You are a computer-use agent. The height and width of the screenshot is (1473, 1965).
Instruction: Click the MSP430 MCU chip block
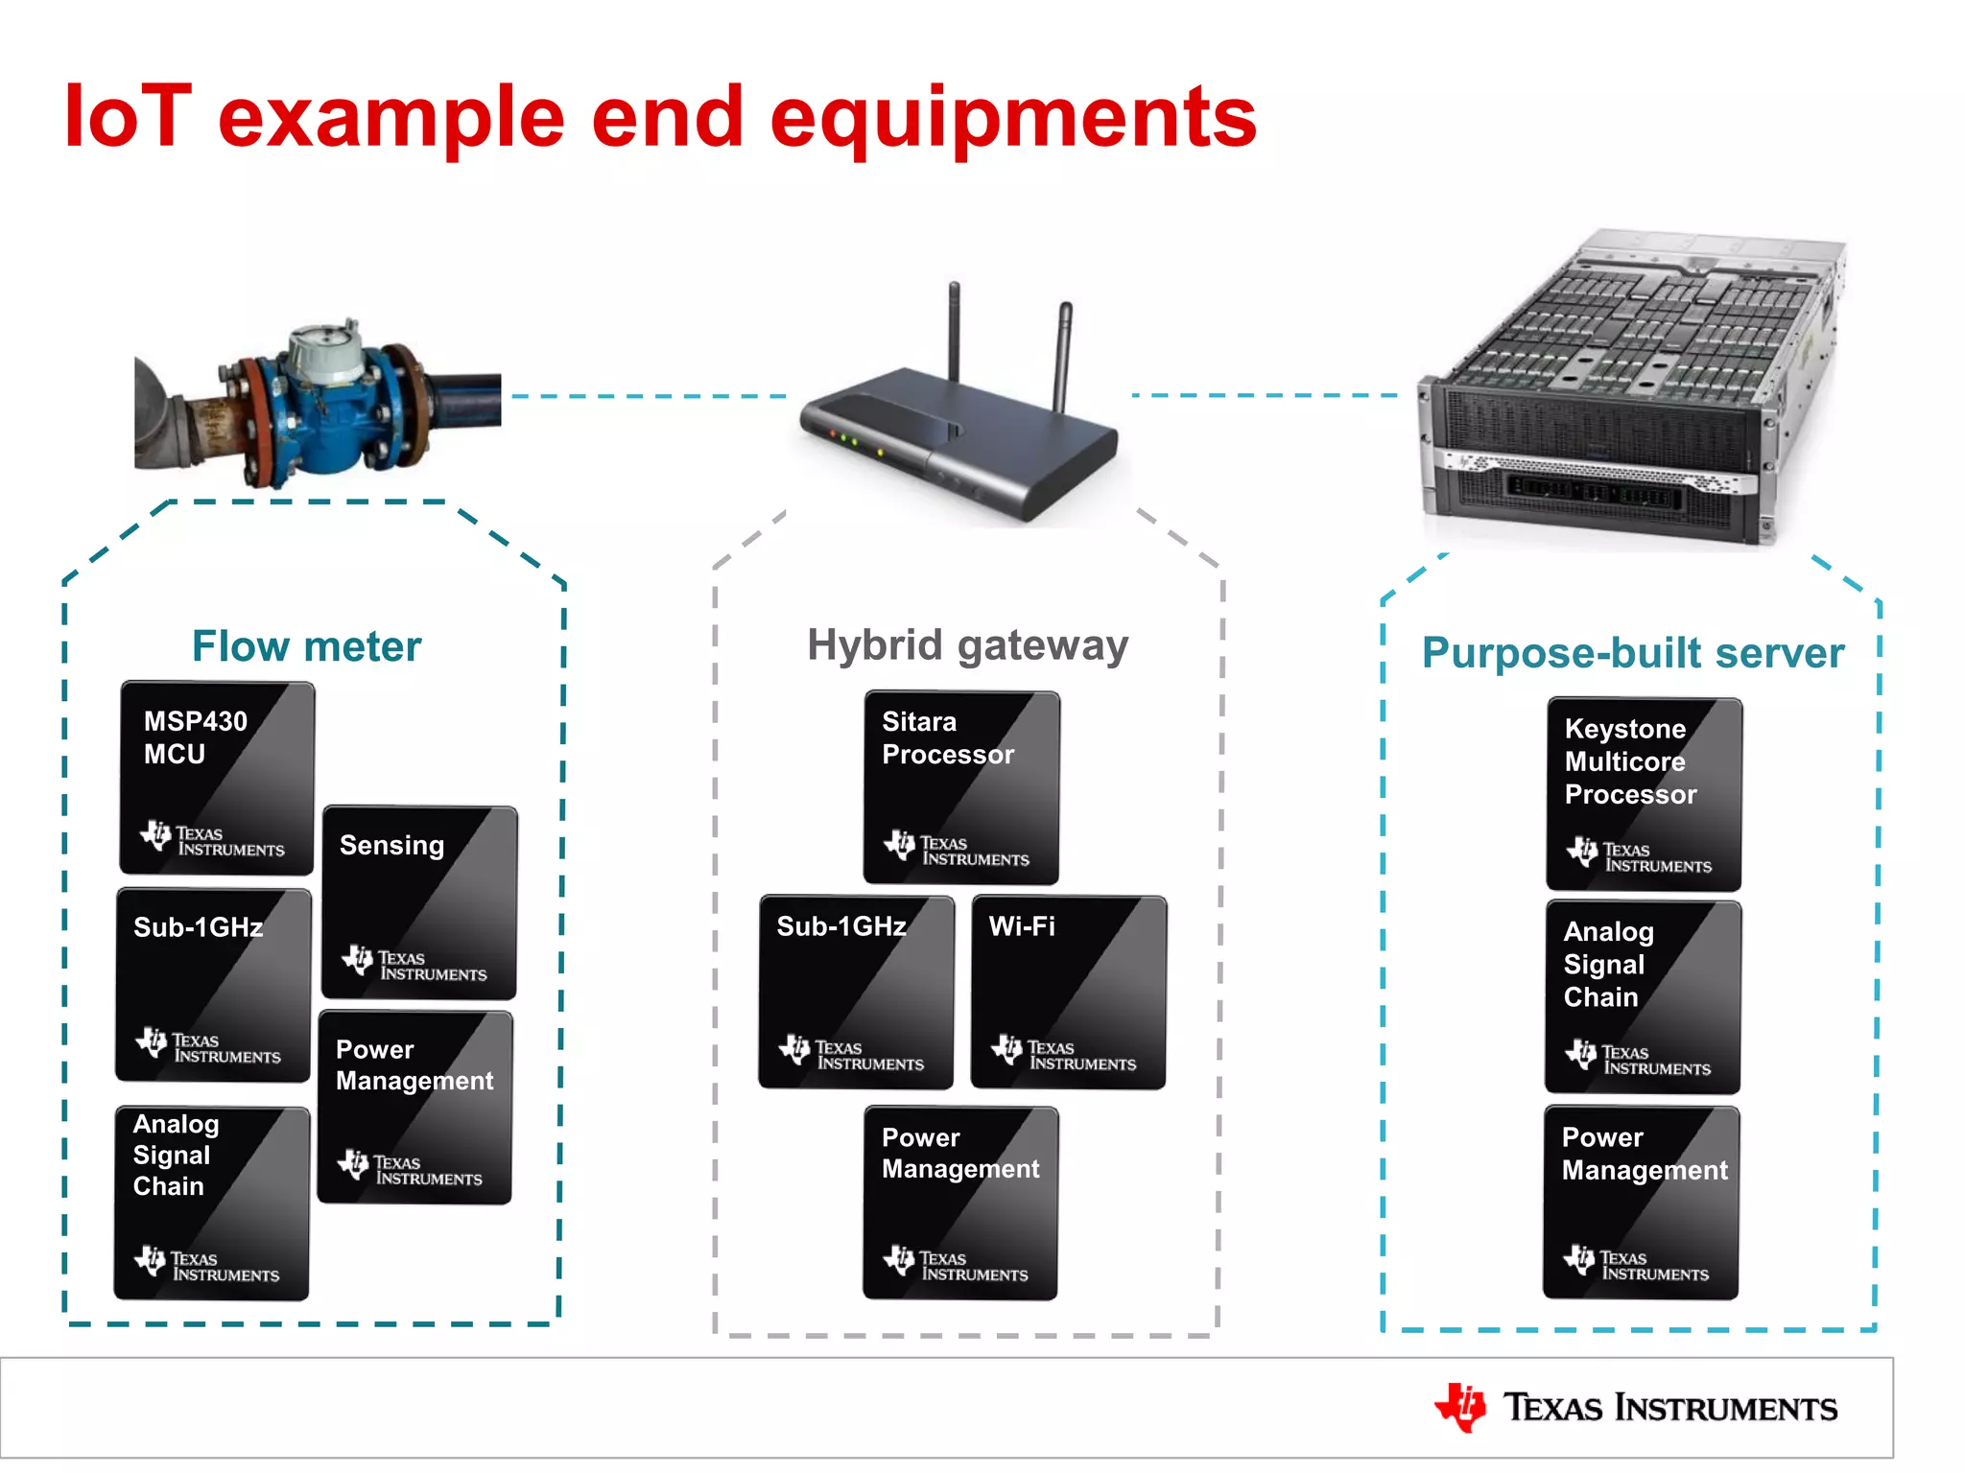pyautogui.click(x=217, y=777)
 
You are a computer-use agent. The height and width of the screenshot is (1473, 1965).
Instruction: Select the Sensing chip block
pyautogui.click(x=419, y=902)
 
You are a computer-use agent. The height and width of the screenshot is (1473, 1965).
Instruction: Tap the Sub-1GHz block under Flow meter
pyautogui.click(x=213, y=985)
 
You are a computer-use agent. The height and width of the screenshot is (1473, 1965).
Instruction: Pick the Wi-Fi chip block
pyautogui.click(x=1068, y=992)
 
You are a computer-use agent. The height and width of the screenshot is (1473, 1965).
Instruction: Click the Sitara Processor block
pyautogui.click(x=961, y=787)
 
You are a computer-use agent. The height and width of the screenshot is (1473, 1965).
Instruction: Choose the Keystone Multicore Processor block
pyautogui.click(x=1644, y=794)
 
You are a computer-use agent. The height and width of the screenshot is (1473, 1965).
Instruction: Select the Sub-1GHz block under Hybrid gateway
pyautogui.click(x=856, y=992)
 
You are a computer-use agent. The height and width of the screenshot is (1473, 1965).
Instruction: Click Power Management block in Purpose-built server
pyautogui.click(x=1641, y=1203)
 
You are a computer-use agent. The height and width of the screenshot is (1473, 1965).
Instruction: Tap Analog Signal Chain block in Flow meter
pyautogui.click(x=212, y=1203)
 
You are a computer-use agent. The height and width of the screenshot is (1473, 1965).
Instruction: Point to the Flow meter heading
pyautogui.click(x=306, y=646)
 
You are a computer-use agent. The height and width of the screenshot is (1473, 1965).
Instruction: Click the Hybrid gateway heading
pyautogui.click(x=967, y=644)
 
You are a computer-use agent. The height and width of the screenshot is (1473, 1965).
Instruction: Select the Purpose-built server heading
pyautogui.click(x=1632, y=653)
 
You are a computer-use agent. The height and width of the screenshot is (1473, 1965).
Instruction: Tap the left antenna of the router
pyautogui.click(x=954, y=331)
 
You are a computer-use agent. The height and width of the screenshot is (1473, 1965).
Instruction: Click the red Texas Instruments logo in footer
pyautogui.click(x=1459, y=1407)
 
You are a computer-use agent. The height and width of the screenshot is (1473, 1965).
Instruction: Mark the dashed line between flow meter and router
pyautogui.click(x=649, y=396)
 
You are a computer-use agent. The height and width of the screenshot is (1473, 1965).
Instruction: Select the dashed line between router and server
pyautogui.click(x=1265, y=395)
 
